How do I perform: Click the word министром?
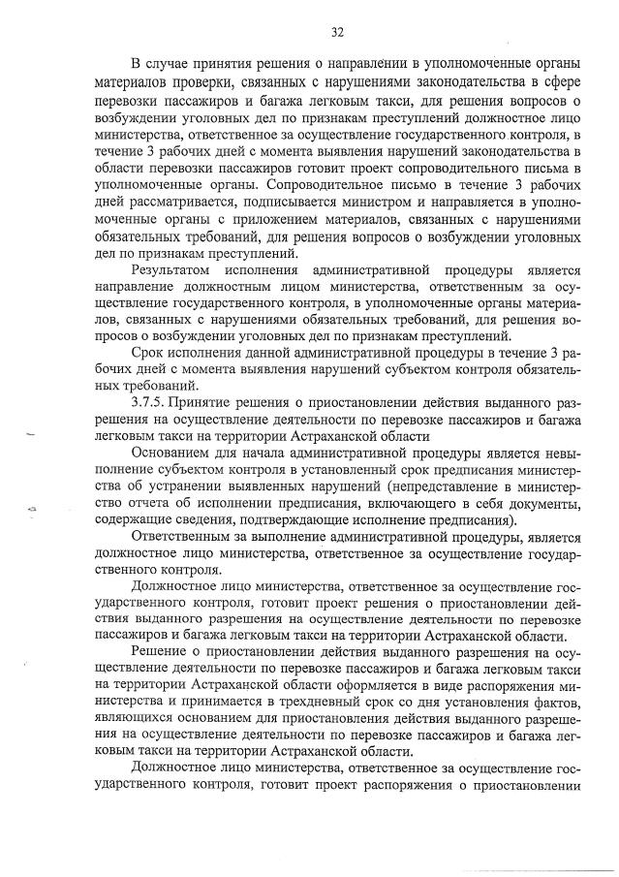(x=375, y=204)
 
